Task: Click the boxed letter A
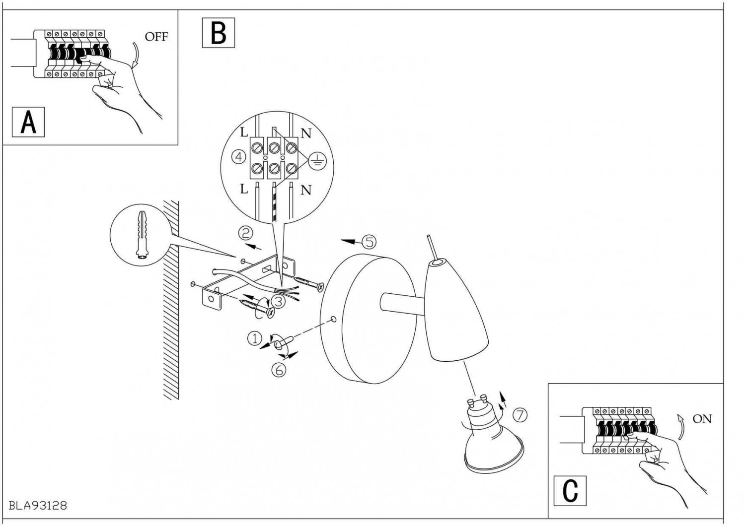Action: point(28,122)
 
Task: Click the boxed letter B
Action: point(219,33)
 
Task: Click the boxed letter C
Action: point(570,490)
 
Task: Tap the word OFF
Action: point(156,37)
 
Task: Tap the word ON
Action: point(702,419)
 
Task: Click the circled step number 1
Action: point(254,339)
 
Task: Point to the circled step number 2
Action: point(245,232)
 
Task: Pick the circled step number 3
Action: point(278,300)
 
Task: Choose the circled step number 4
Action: point(239,157)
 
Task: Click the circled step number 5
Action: point(369,242)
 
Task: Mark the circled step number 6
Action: point(280,370)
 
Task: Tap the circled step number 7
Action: point(520,415)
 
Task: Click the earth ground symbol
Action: point(315,160)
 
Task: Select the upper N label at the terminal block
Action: point(306,133)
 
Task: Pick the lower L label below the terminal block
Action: point(244,189)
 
